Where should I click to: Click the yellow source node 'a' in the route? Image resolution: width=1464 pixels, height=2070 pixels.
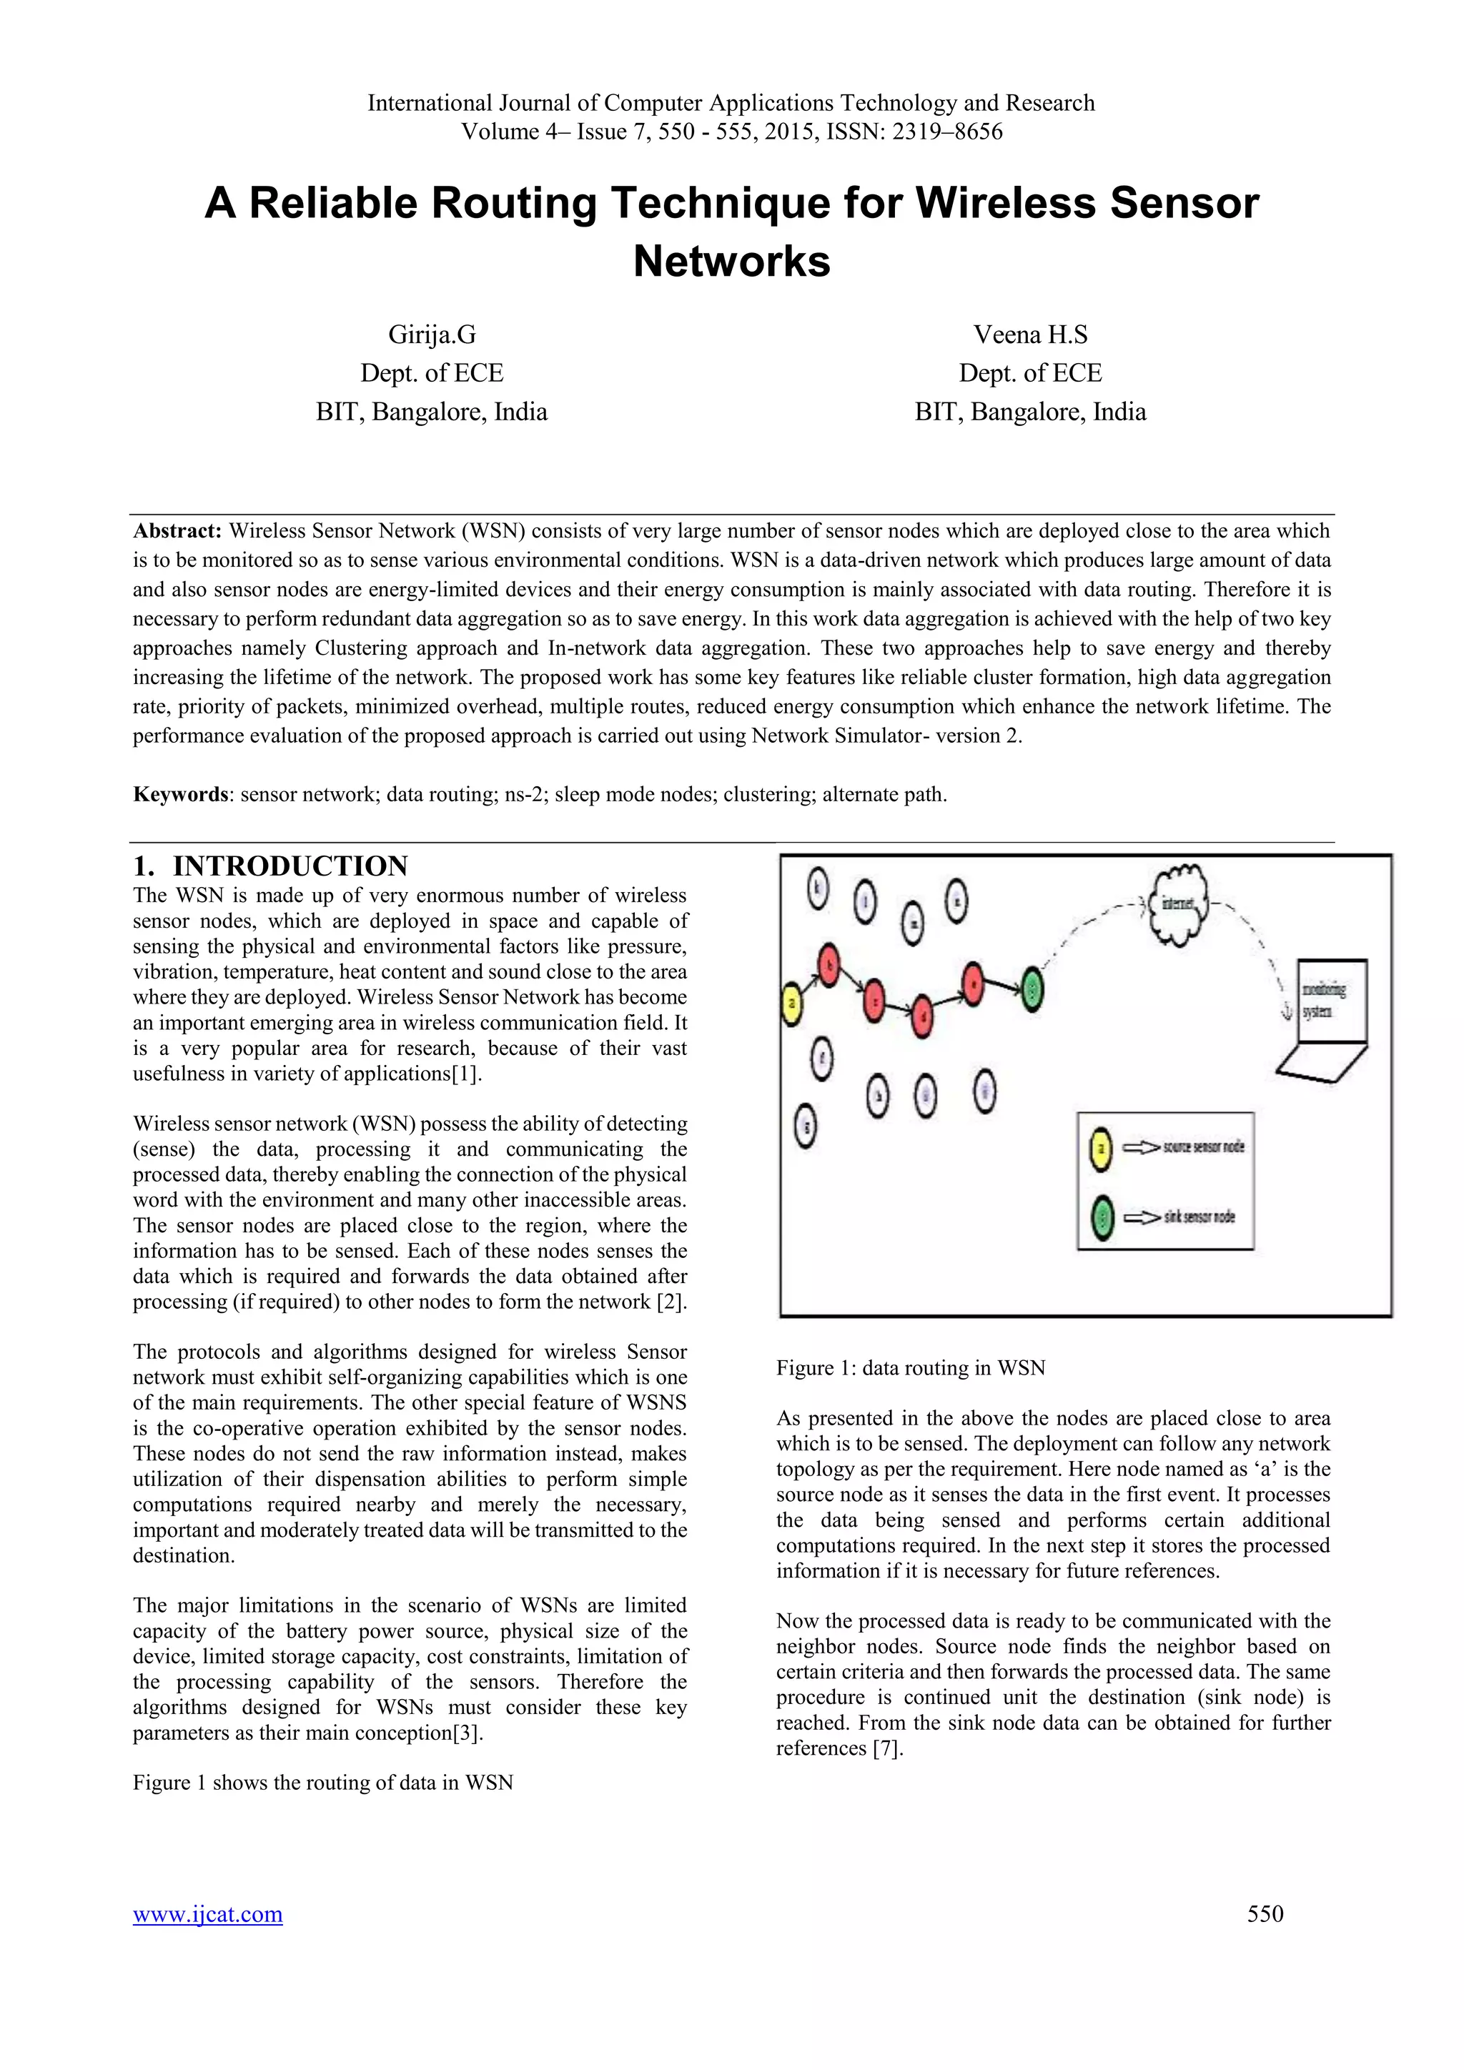[x=791, y=1004]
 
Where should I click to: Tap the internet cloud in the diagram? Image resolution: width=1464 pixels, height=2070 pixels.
[x=1179, y=903]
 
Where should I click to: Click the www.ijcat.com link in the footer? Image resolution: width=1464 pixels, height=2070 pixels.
[x=207, y=1914]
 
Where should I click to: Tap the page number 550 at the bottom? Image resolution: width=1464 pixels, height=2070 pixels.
[x=1265, y=1914]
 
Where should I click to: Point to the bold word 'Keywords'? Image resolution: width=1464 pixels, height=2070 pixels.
[x=180, y=794]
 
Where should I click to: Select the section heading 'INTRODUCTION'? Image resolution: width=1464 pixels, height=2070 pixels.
[x=290, y=866]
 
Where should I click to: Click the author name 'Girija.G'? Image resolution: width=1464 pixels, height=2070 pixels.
[x=432, y=335]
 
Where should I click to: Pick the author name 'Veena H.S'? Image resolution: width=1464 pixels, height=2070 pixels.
[x=1030, y=335]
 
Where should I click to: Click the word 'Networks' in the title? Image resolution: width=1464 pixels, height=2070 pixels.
[x=731, y=262]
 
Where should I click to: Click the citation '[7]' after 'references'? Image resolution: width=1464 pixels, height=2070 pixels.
[x=887, y=1748]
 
